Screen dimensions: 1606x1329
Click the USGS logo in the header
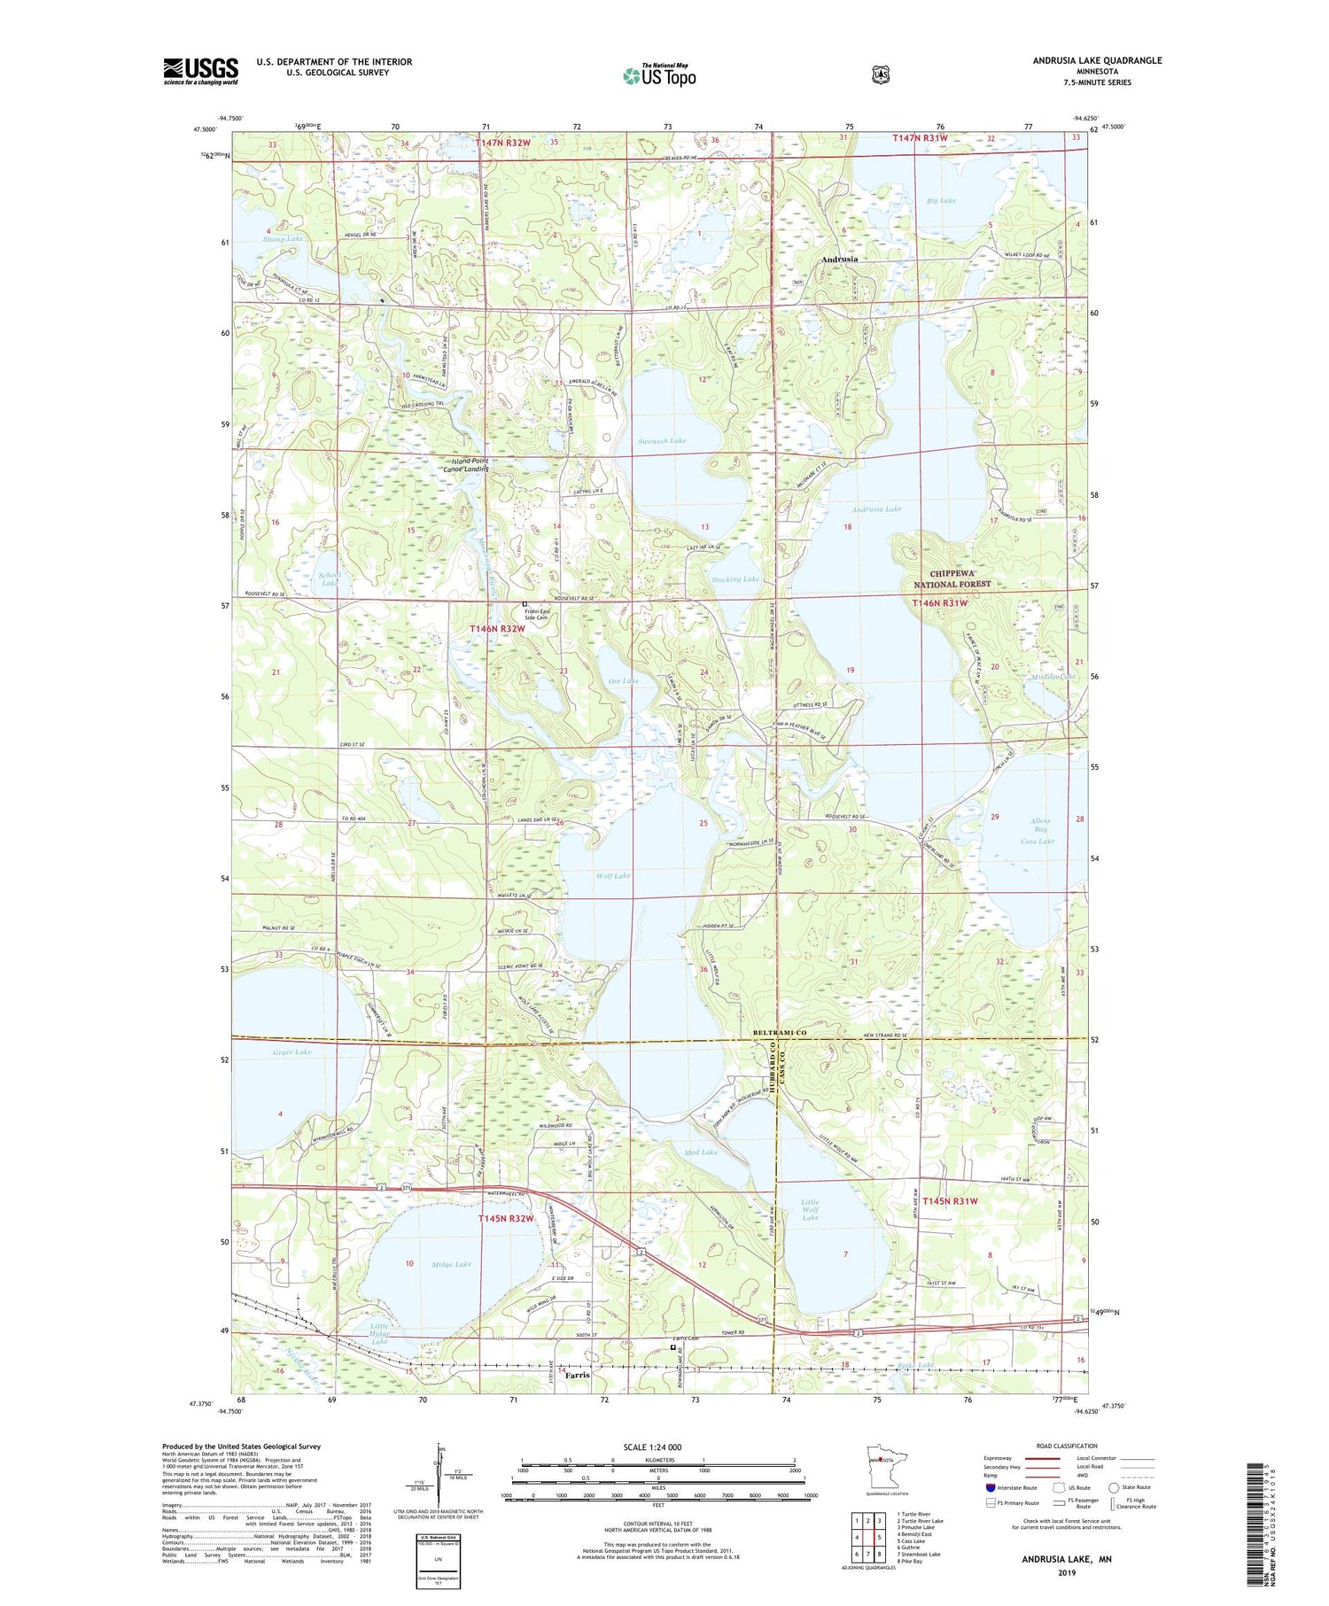click(200, 71)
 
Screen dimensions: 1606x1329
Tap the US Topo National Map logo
click(659, 74)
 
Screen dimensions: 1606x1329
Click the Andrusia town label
click(838, 260)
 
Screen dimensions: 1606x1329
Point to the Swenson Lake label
click(661, 440)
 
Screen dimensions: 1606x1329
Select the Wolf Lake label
click(613, 875)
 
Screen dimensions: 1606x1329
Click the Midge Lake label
click(451, 1264)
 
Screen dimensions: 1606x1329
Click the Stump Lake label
click(283, 238)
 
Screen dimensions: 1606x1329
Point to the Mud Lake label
click(701, 1152)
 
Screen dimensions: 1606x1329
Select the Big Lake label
click(941, 200)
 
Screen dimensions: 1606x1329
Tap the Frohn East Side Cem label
click(537, 613)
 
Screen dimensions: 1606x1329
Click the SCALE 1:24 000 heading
click(652, 1447)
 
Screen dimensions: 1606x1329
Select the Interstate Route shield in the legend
click(991, 1487)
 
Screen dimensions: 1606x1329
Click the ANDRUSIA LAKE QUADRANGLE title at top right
click(1096, 60)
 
